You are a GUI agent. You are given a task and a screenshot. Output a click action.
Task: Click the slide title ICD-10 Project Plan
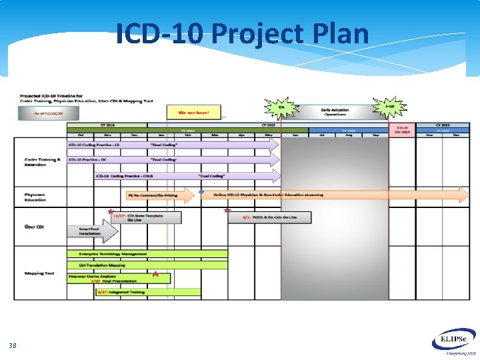click(x=242, y=33)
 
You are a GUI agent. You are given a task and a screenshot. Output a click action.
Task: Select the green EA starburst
click(x=281, y=107)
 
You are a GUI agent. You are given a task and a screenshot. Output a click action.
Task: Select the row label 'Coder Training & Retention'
click(x=42, y=162)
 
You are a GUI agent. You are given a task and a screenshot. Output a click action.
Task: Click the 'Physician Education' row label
click(x=35, y=197)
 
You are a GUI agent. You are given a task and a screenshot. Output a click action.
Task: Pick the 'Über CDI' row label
click(x=33, y=227)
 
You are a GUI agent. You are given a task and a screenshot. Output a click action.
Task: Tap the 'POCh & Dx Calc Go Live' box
click(x=269, y=217)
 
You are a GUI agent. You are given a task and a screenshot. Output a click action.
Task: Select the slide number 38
click(x=13, y=345)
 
